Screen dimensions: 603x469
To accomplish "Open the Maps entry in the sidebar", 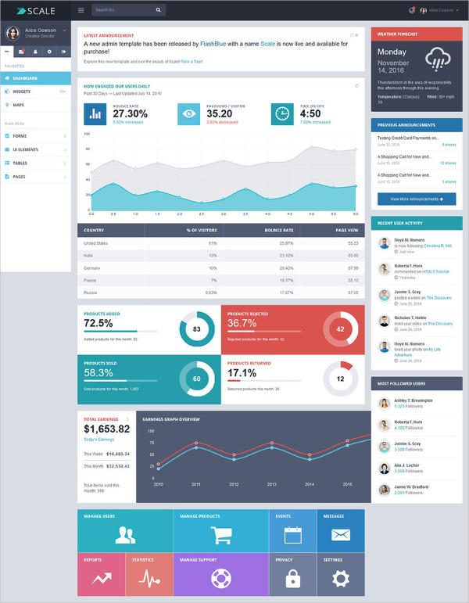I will [x=18, y=104].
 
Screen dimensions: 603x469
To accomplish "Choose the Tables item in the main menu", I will [x=20, y=163].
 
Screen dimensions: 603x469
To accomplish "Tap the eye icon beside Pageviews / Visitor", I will [x=188, y=113].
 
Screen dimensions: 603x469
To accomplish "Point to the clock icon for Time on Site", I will [x=282, y=113].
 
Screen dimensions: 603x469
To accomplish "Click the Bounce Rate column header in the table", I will [x=278, y=231].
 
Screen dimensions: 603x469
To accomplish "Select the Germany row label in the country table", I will [x=92, y=267].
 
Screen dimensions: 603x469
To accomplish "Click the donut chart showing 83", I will [x=196, y=329].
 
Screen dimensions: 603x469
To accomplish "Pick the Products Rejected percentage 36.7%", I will [x=242, y=323].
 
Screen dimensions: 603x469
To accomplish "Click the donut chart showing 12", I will [x=340, y=379].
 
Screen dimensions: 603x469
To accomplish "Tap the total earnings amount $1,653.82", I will [x=106, y=429].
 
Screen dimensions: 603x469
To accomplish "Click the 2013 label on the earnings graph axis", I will [x=271, y=484].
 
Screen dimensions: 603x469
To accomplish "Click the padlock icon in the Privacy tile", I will [x=293, y=579].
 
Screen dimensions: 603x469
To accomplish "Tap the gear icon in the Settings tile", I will [x=340, y=579].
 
